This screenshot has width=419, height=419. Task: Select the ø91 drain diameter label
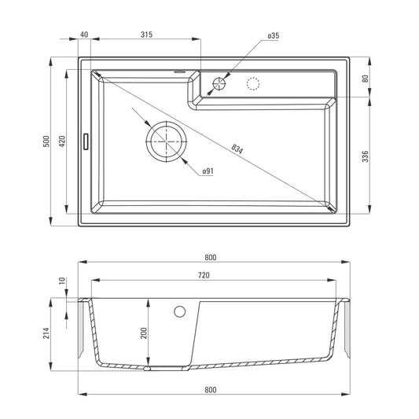pyautogui.click(x=208, y=171)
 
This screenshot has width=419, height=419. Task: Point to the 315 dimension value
pyautogui.click(x=146, y=35)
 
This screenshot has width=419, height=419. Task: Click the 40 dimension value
pyautogui.click(x=84, y=35)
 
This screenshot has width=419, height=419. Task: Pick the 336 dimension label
pyautogui.click(x=366, y=156)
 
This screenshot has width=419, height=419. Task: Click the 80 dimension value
pyautogui.click(x=366, y=79)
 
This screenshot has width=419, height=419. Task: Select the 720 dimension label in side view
pyautogui.click(x=204, y=276)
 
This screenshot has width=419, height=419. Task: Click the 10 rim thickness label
pyautogui.click(x=63, y=280)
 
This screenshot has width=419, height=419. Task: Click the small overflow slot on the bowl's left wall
pyautogui.click(x=86, y=142)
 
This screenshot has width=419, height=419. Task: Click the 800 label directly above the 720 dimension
pyautogui.click(x=210, y=258)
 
